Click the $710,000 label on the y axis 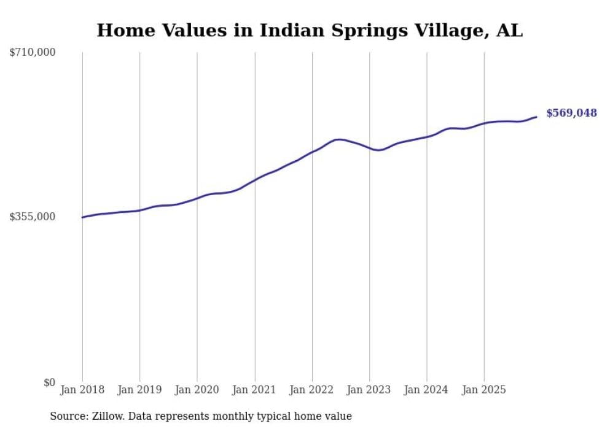coord(33,53)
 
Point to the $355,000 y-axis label coord(33,217)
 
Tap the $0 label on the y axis coord(49,382)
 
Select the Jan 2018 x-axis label coord(82,390)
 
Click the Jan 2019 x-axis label coord(139,390)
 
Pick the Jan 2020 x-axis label coord(197,390)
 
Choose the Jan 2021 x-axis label coord(254,390)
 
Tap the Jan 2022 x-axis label coord(312,390)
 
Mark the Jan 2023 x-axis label coord(369,390)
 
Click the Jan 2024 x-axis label coord(427,390)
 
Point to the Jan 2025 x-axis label coord(484,390)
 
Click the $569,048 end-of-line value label coord(571,113)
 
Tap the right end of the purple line coord(536,117)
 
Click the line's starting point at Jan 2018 coord(82,217)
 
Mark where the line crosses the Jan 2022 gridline coord(312,152)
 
